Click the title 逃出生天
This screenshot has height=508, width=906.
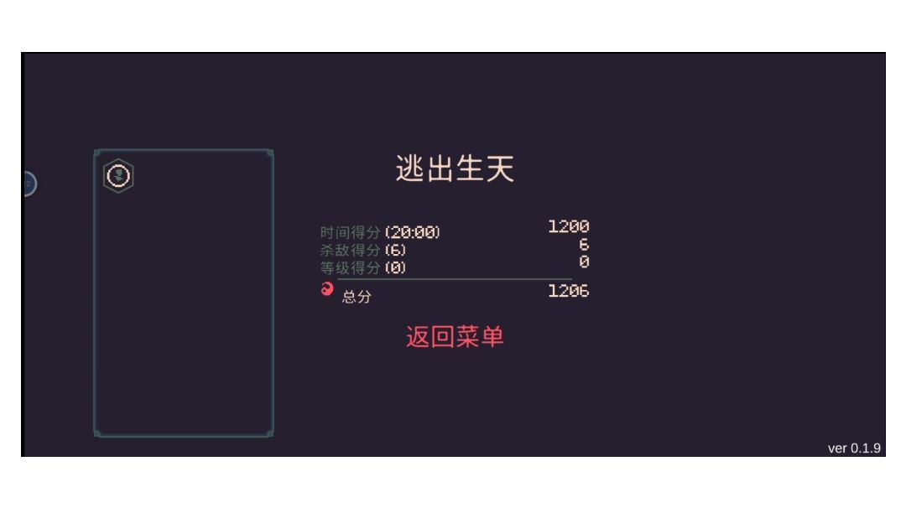point(455,168)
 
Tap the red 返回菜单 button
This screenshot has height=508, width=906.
point(455,336)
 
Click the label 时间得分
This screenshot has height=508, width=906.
point(350,233)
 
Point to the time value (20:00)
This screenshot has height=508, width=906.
point(413,232)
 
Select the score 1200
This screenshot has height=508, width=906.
point(569,226)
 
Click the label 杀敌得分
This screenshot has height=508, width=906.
point(350,250)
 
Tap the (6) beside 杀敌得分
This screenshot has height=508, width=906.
point(395,250)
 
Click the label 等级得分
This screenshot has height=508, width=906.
point(350,268)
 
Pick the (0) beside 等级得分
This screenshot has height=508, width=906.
point(395,268)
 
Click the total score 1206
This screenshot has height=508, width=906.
point(569,291)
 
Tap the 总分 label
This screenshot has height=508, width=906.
point(357,297)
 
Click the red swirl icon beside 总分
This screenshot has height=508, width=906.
point(327,288)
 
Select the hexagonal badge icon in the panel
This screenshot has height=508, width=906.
point(118,175)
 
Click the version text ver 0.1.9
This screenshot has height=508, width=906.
point(854,448)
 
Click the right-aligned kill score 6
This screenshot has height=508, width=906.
point(584,244)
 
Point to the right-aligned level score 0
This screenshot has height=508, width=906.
point(584,262)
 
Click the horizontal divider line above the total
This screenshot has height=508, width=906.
point(455,279)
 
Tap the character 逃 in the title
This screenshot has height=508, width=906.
point(409,168)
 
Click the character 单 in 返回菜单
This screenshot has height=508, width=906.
point(492,336)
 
